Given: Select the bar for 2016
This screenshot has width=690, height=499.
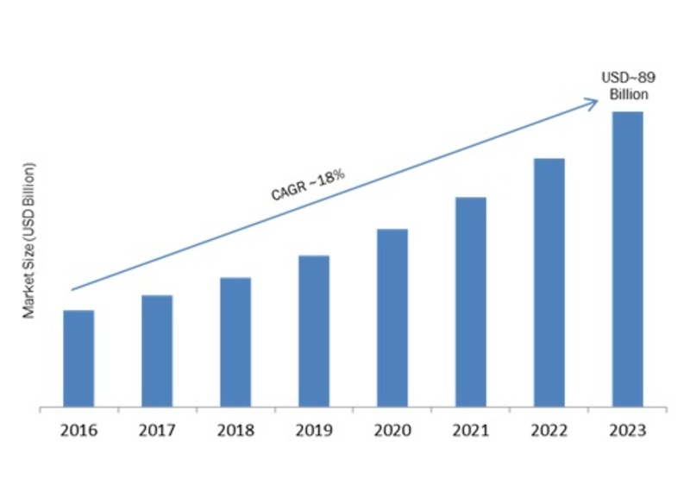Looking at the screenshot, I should (78, 358).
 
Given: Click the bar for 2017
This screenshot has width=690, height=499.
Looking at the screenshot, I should (157, 351).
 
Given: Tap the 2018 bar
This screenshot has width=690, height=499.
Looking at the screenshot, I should (235, 342).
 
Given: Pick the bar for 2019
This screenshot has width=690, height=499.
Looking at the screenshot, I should (314, 331).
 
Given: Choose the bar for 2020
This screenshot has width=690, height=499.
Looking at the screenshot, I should (392, 318).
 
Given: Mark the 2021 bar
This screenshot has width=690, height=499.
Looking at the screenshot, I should (471, 302).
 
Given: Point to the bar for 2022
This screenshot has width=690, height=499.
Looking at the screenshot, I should (549, 282).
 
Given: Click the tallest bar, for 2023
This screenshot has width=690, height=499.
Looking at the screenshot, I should (628, 259).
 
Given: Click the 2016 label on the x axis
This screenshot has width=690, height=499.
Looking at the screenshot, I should (78, 430).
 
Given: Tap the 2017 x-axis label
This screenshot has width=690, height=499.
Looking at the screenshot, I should (157, 430).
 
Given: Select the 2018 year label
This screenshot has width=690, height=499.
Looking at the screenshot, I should (235, 430).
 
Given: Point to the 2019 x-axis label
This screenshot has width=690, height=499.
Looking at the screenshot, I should (314, 430).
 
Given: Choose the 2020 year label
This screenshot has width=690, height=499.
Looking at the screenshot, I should (392, 430).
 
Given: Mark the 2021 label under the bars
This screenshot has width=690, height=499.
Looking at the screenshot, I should (471, 430).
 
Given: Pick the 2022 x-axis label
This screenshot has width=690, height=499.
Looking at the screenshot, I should (549, 430).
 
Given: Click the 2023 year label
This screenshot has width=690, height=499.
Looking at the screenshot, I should (628, 430).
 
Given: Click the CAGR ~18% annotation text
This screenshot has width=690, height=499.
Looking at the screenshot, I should (308, 185).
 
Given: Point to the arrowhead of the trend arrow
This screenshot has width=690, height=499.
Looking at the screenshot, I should (593, 102).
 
